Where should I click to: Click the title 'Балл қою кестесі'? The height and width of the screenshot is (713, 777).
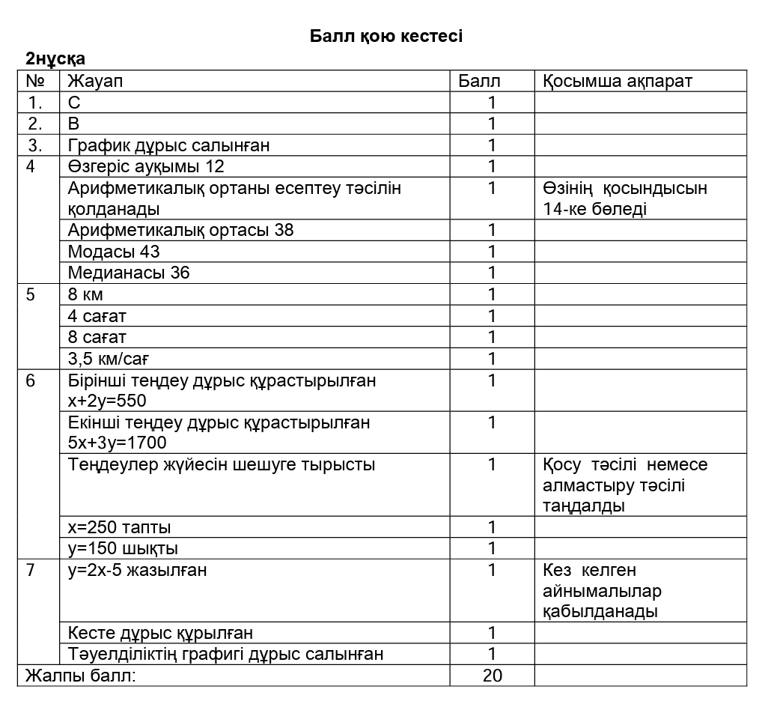[386, 36]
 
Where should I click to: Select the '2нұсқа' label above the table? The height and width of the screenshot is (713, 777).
[55, 58]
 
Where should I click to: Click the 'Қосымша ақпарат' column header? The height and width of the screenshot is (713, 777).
[618, 81]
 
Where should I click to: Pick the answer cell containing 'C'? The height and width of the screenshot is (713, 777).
[74, 103]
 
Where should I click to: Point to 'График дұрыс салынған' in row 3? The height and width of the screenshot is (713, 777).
[168, 145]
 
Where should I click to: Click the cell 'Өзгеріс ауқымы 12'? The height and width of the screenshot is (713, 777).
[146, 166]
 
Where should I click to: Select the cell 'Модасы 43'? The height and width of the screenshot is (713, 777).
[114, 252]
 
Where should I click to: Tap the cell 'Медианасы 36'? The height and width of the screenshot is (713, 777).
[129, 273]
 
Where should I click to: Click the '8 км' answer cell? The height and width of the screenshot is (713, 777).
[85, 294]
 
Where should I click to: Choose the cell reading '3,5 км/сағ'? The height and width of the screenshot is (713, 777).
[109, 358]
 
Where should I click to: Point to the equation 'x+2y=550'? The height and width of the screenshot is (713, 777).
[107, 401]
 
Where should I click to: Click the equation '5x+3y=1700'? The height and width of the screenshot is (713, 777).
[117, 443]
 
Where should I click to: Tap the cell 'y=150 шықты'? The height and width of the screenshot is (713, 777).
[123, 548]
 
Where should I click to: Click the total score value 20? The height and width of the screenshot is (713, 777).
[492, 676]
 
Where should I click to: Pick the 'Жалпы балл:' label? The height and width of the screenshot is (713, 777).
[81, 676]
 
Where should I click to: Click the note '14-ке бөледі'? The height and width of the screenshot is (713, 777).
[595, 209]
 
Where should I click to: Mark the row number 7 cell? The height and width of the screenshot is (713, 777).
[31, 570]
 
